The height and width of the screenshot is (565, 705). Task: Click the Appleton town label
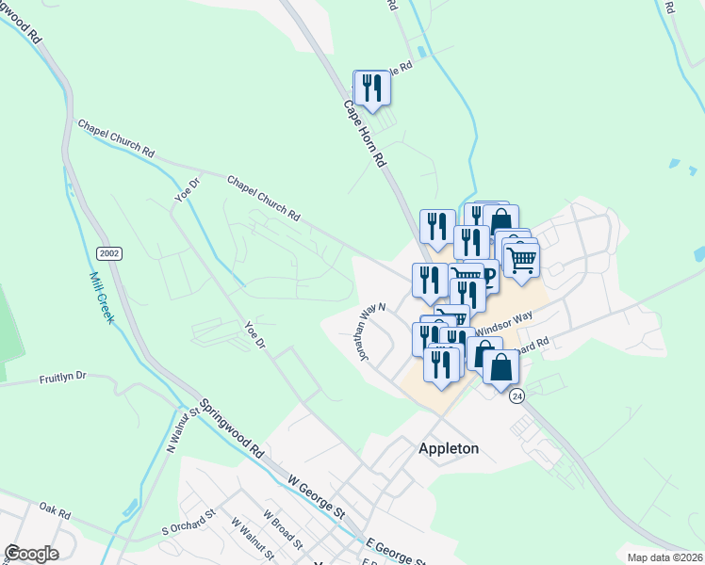[x=448, y=449]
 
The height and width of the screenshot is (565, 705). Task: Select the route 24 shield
[x=517, y=396]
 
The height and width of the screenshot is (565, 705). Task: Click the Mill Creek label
[x=102, y=299]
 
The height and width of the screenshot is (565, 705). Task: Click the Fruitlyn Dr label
[x=62, y=376]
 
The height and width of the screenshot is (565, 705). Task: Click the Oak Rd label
[x=55, y=514]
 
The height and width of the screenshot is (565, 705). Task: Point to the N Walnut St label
[x=184, y=428]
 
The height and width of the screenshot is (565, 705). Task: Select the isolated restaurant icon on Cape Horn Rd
[x=371, y=89]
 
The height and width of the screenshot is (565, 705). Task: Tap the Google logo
[x=31, y=554]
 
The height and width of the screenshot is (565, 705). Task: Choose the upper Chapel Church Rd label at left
[x=115, y=137]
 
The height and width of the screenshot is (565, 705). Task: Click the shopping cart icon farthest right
[x=521, y=259]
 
